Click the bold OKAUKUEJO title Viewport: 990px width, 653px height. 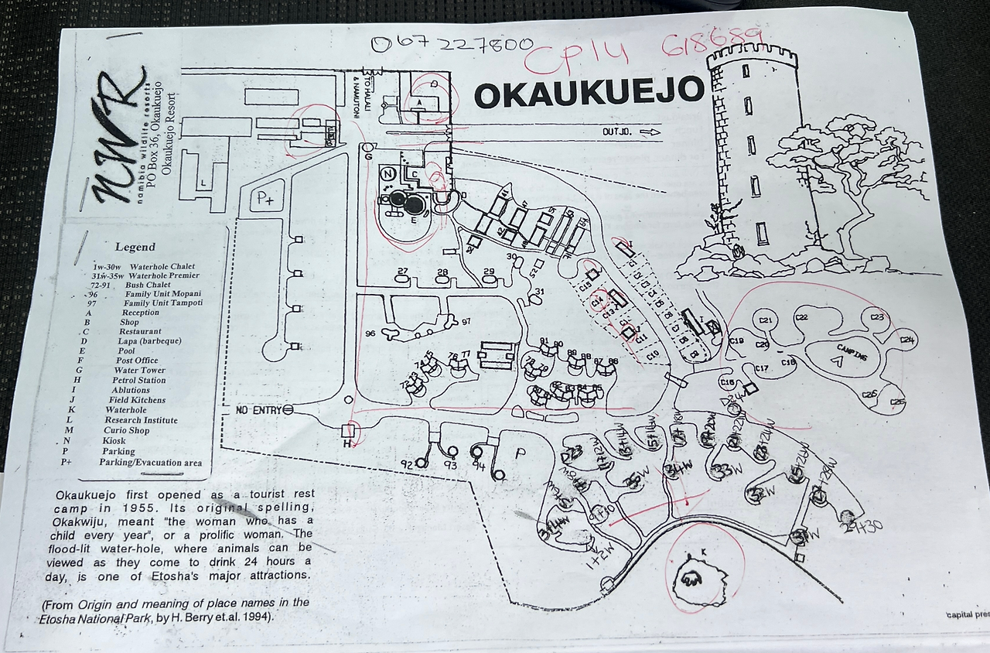tap(589, 93)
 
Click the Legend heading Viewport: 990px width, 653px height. tap(135, 248)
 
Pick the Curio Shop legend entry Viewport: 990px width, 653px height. tap(128, 431)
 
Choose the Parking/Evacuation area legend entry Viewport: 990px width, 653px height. tap(150, 463)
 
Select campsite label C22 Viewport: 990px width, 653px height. tap(801, 318)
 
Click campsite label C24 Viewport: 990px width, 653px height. tap(907, 340)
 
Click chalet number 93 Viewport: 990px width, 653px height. tap(451, 466)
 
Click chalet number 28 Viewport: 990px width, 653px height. tap(442, 272)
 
